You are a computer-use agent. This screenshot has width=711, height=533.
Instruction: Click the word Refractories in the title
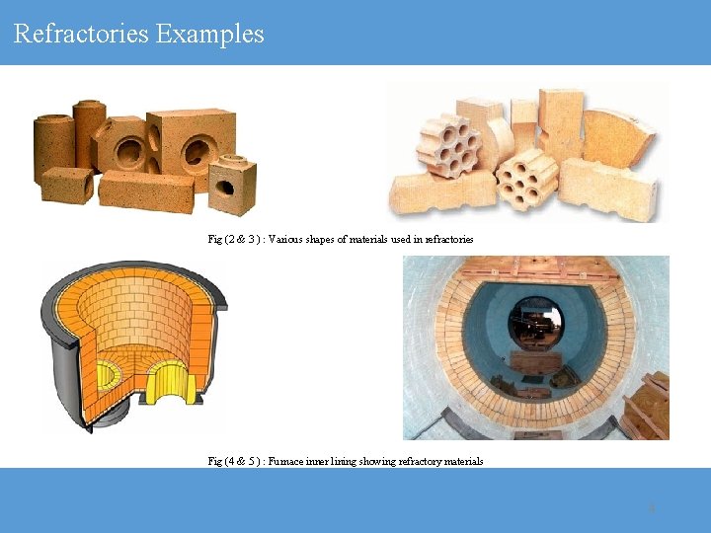[x=81, y=34]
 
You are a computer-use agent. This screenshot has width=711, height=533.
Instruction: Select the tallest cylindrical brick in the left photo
[x=88, y=133]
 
